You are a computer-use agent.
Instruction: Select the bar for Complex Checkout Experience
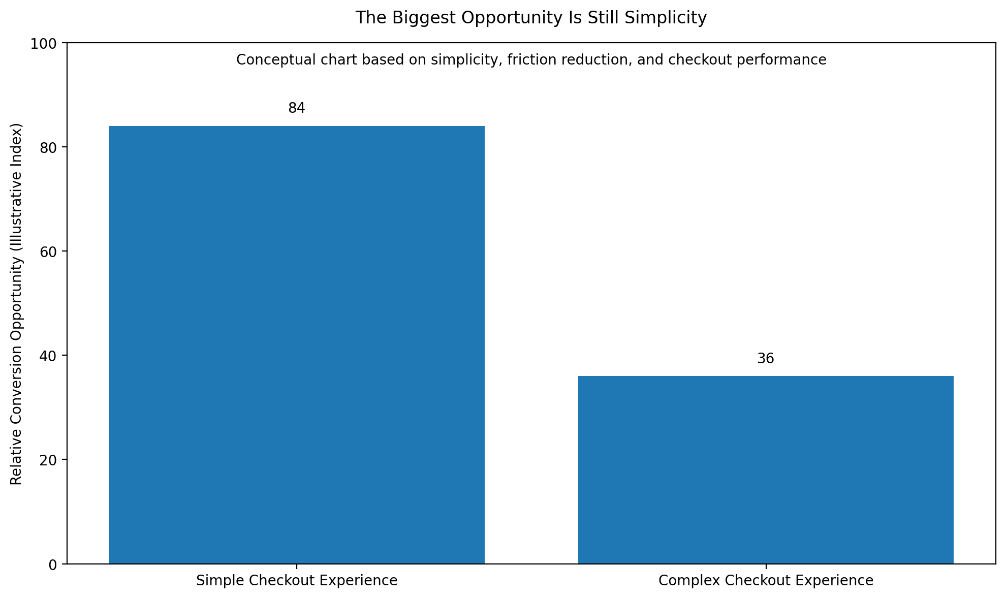click(766, 469)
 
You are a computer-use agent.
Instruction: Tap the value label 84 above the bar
click(297, 108)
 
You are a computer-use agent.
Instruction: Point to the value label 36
click(766, 359)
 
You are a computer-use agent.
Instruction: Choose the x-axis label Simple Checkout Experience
click(297, 581)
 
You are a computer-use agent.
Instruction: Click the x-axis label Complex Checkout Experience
click(766, 581)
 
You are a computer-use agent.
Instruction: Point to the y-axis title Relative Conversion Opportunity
click(17, 304)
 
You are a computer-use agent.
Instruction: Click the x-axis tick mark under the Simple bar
click(297, 566)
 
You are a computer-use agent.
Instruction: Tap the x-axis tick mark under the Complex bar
click(766, 566)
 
